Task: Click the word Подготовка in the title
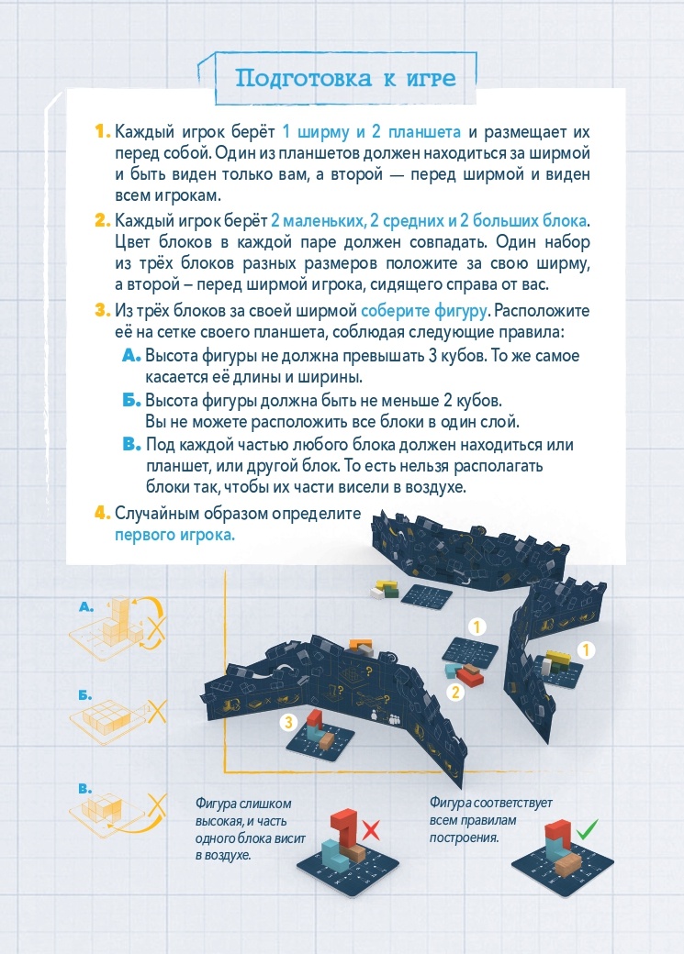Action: coord(303,79)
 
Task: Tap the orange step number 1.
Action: coord(102,131)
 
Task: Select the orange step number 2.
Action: coord(102,220)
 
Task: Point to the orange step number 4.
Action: coord(102,513)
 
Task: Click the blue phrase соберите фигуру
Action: coord(424,311)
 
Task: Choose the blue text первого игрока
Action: coord(174,535)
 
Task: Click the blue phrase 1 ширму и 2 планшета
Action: coord(372,131)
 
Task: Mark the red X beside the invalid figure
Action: coord(371,830)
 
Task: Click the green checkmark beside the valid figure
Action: coord(588,828)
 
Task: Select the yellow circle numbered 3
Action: coord(288,722)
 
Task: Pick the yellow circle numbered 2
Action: coord(455,692)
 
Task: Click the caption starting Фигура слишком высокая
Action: coord(251,829)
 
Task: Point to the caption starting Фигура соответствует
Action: coord(491,820)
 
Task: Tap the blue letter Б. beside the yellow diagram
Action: coord(85,695)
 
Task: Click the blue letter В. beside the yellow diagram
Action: coord(85,789)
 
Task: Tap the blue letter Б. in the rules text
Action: coord(131,400)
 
